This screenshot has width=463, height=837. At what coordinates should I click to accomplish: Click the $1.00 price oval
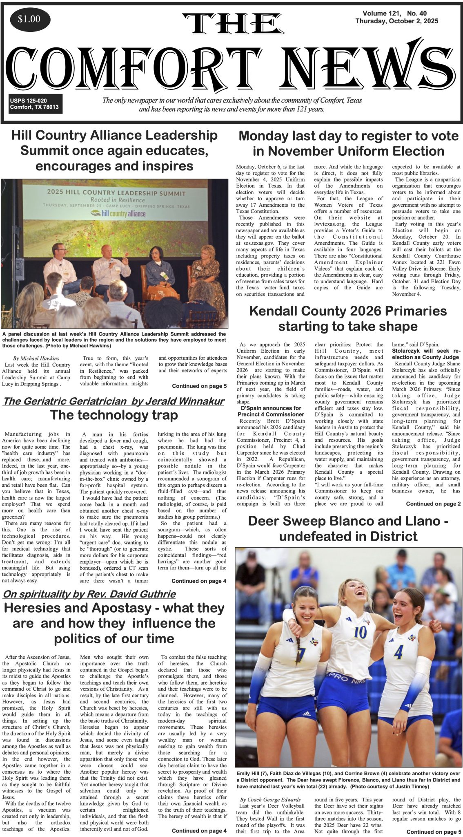click(x=29, y=20)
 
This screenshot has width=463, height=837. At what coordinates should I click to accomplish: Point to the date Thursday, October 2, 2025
click(x=396, y=22)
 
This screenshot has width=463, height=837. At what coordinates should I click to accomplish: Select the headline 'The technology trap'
click(x=114, y=415)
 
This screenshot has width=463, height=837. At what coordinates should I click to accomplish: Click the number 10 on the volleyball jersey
click(x=360, y=632)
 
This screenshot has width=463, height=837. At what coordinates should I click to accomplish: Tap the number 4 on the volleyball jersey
click(x=398, y=652)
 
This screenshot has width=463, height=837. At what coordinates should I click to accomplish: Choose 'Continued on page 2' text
click(x=433, y=504)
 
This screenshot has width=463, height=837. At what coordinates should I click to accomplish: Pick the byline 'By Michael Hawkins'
click(x=36, y=358)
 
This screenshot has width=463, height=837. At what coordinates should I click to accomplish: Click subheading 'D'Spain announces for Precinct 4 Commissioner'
click(x=271, y=411)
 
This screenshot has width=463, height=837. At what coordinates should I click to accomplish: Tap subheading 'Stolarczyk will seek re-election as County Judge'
click(x=426, y=354)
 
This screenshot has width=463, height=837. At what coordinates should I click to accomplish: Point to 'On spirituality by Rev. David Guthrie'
click(x=89, y=594)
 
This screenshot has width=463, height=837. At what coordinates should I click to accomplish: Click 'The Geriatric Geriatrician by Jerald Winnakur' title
click(x=113, y=401)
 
